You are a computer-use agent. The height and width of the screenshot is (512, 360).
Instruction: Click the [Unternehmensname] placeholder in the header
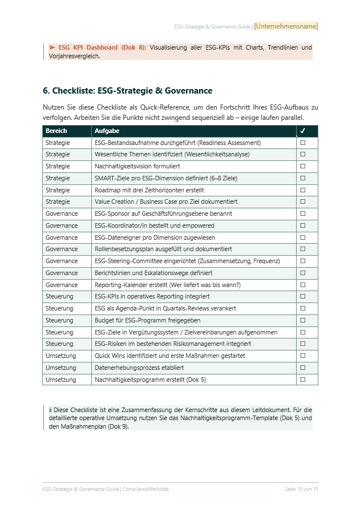tap(286, 26)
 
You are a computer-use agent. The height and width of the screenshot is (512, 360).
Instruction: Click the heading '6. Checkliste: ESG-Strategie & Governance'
tap(127, 91)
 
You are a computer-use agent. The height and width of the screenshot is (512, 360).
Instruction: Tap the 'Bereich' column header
tap(56, 131)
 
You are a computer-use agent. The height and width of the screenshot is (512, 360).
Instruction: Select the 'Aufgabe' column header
tap(107, 131)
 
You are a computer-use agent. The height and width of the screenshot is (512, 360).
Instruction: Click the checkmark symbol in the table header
tap(303, 131)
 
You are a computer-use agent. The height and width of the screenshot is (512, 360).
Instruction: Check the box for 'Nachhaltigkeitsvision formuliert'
tap(303, 166)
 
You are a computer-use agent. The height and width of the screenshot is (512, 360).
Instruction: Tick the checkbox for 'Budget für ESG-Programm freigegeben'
tap(303, 320)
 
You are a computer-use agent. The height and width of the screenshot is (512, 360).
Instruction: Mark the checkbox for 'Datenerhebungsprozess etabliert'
tap(303, 368)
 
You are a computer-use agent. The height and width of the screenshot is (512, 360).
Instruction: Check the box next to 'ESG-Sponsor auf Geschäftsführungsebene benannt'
tap(303, 213)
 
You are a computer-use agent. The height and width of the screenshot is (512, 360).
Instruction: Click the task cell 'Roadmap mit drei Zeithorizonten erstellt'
tap(149, 190)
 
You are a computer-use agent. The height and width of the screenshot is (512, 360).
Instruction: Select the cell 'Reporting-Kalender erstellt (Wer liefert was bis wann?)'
tap(167, 285)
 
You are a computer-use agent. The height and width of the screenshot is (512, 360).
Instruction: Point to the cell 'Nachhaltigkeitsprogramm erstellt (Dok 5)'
tap(150, 380)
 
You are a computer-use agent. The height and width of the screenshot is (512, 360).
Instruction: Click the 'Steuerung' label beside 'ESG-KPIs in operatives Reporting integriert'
tap(59, 297)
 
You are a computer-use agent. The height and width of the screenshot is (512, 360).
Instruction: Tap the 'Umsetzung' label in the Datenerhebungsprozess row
tap(60, 368)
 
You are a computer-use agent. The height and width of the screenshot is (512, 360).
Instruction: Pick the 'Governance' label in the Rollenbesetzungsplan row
tap(62, 249)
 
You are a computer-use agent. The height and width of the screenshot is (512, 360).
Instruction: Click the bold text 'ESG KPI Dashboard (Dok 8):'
tap(102, 47)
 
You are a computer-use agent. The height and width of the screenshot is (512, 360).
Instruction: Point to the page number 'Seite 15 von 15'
tap(301, 489)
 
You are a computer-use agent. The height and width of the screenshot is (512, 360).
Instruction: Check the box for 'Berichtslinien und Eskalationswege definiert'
tap(303, 273)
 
